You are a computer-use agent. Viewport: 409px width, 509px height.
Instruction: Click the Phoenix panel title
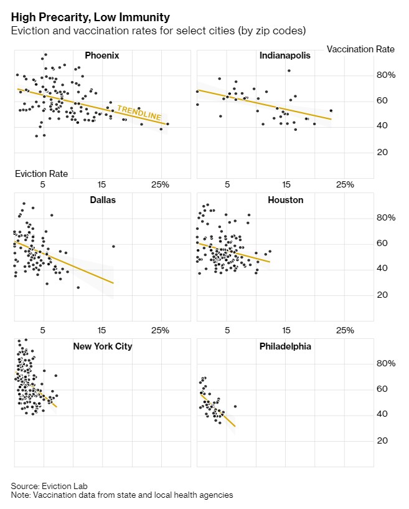click(101, 56)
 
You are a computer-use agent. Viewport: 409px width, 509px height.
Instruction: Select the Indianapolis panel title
click(285, 56)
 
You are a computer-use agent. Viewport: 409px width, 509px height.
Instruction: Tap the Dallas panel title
click(103, 200)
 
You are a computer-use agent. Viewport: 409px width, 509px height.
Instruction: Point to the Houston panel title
click(285, 200)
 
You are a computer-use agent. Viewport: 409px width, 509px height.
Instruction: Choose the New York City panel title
click(102, 346)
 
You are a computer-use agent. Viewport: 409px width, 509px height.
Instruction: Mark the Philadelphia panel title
click(285, 346)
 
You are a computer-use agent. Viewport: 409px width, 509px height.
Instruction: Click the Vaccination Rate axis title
click(360, 49)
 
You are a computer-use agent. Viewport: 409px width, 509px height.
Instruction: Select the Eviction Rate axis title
click(41, 174)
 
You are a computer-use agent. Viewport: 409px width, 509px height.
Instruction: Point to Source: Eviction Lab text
click(45, 486)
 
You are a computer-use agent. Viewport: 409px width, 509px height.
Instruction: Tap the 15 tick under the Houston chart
click(286, 330)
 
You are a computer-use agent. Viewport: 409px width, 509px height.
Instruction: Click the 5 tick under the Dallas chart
click(43, 330)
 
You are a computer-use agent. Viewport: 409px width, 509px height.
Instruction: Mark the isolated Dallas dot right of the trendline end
click(113, 247)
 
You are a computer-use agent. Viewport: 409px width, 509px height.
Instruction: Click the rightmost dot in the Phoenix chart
click(167, 124)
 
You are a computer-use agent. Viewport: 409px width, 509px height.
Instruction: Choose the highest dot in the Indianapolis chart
click(289, 70)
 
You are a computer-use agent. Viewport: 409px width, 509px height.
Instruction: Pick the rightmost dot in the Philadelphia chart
click(235, 406)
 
